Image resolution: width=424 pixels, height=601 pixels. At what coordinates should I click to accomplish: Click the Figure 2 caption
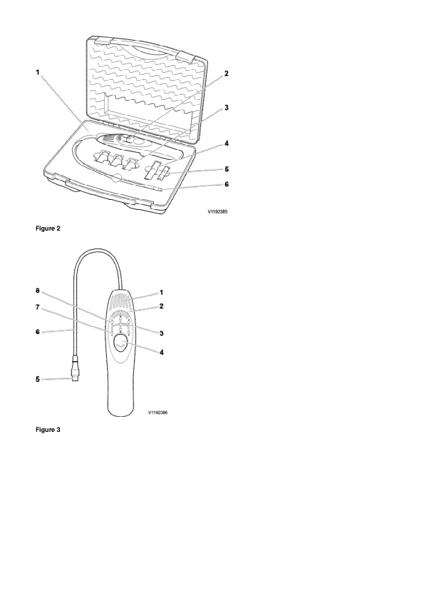point(48,228)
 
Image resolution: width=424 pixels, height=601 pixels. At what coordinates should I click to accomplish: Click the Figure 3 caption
point(48,430)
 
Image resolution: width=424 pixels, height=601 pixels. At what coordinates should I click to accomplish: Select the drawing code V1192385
point(217,211)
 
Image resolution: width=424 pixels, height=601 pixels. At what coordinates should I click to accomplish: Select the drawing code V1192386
point(157,413)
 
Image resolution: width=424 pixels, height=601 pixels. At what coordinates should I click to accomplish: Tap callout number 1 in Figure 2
point(38,72)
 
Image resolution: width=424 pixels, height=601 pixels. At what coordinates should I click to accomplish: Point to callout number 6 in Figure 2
point(227,184)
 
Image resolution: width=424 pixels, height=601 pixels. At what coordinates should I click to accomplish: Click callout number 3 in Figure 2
point(227,108)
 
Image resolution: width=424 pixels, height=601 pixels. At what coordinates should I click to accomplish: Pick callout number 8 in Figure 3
point(38,291)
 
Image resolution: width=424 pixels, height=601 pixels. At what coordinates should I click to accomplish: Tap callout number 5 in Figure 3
point(38,380)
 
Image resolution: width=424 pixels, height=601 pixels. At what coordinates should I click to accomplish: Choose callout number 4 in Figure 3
point(162,352)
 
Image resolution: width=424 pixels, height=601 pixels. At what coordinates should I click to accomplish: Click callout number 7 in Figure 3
point(38,307)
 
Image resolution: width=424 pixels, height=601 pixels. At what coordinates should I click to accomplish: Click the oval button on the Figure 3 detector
point(121,342)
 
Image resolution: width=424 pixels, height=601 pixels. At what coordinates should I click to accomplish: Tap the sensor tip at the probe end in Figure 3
point(74,379)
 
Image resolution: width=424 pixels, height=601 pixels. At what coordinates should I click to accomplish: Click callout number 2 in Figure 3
point(162,306)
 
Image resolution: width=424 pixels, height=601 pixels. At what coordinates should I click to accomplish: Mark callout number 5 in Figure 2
point(227,169)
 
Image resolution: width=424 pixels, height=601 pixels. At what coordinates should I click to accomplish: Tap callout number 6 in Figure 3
point(38,331)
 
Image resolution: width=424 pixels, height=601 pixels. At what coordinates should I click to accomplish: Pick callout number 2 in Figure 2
point(227,74)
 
